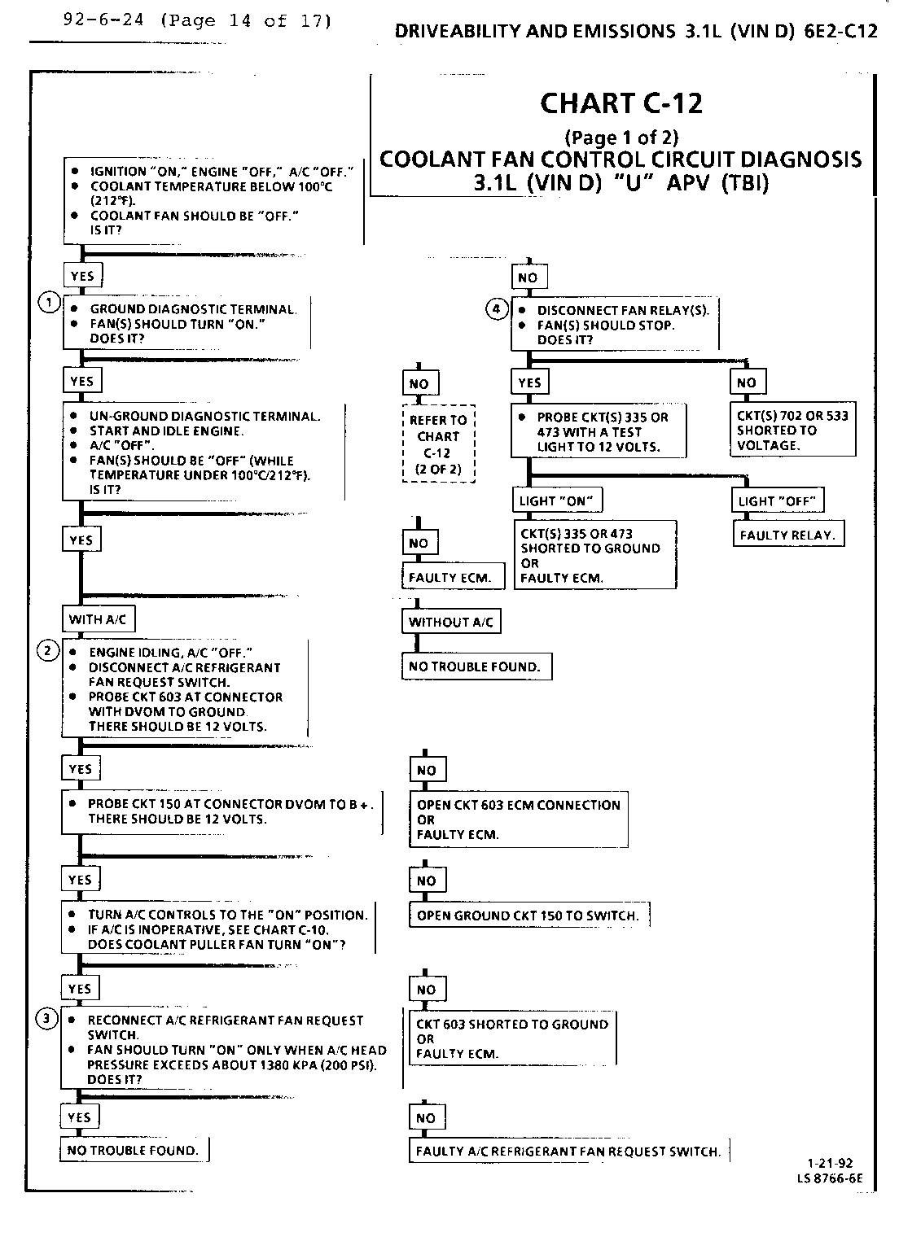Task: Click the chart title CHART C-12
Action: point(621,103)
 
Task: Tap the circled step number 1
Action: point(49,304)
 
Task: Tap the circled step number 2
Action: point(49,649)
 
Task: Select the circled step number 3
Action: point(48,1018)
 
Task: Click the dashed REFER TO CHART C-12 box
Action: point(438,444)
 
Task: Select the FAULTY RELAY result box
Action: point(787,535)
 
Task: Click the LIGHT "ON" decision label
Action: point(555,500)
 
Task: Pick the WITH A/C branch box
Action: point(98,619)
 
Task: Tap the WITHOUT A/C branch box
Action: point(451,622)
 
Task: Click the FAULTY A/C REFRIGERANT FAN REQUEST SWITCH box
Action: point(568,1151)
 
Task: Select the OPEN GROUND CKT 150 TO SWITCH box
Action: point(528,916)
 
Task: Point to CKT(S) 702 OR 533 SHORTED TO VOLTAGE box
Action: point(792,431)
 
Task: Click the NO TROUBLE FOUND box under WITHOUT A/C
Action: point(475,667)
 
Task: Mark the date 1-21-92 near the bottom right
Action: point(831,1165)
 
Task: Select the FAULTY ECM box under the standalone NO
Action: point(450,578)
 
